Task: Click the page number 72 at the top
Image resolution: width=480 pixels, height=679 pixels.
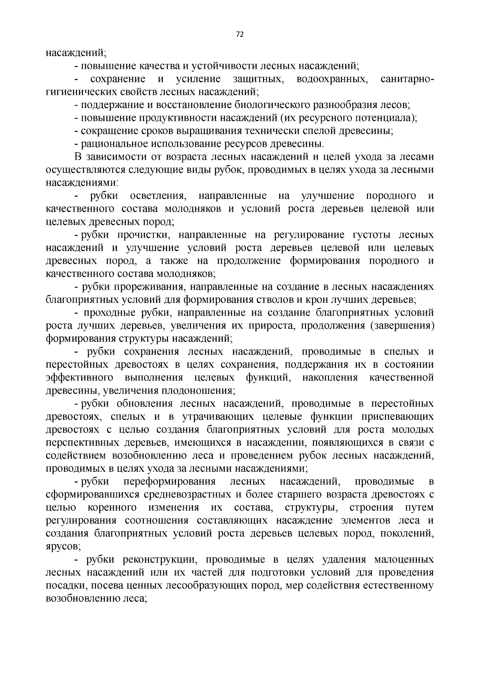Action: (x=240, y=34)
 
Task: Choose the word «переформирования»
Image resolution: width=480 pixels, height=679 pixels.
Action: (x=170, y=481)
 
